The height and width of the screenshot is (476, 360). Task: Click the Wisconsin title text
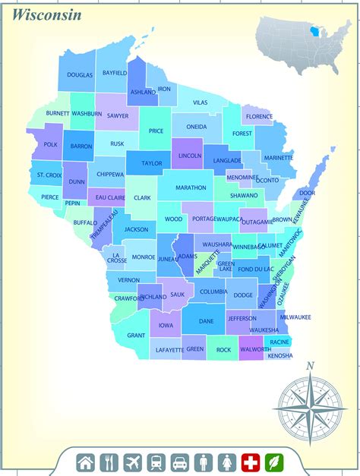(x=46, y=14)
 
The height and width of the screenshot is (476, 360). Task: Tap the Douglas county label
(x=80, y=75)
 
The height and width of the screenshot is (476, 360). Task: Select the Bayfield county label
(x=115, y=73)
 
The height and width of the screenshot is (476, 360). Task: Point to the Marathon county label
(x=191, y=187)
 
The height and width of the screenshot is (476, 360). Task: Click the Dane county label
(x=206, y=321)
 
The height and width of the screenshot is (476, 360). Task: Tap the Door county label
(x=308, y=193)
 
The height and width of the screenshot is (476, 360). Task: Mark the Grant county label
(x=136, y=335)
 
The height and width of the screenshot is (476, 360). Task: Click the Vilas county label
(x=200, y=102)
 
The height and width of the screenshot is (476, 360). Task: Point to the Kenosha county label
(x=279, y=355)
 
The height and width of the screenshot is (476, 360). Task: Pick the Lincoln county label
(x=190, y=156)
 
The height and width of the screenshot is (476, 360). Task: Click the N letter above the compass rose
(x=309, y=367)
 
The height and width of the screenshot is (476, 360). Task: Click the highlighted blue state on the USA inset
(x=314, y=33)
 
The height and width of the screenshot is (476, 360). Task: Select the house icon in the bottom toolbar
(x=86, y=462)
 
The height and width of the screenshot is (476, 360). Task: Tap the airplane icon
(x=132, y=462)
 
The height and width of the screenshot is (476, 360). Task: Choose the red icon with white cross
(x=250, y=462)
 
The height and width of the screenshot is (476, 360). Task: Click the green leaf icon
(x=273, y=462)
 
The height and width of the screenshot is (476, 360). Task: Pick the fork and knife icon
(x=109, y=462)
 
